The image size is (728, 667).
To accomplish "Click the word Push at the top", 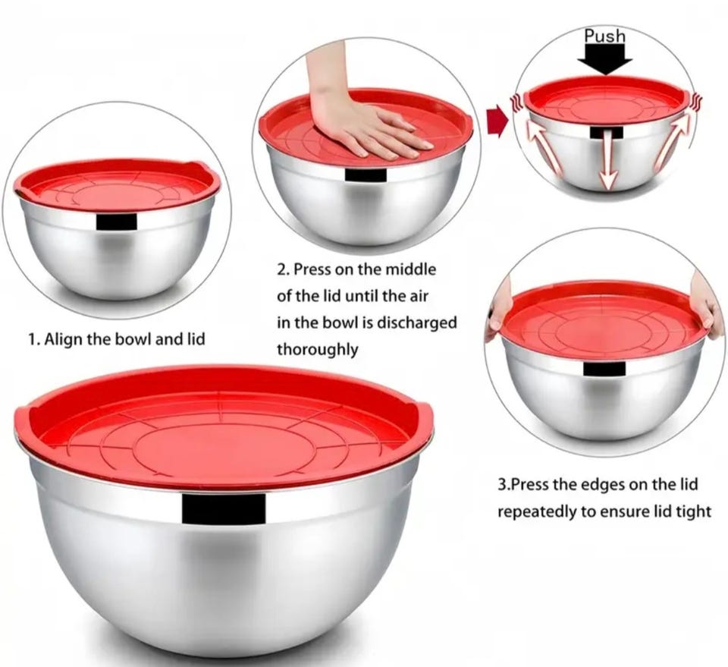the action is point(604,36).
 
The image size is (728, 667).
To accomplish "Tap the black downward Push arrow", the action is point(605,60).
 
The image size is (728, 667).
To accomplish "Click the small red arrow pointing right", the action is point(496,121).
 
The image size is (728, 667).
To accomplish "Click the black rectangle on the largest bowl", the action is point(224,508).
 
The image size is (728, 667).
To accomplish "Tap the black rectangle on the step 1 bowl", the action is point(117,222).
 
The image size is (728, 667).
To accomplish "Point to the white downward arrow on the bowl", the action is point(607,160).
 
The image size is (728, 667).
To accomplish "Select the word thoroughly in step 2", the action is point(318,349).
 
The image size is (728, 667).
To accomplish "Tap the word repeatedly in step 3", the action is point(536,512).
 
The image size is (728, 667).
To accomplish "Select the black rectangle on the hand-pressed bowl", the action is point(366,175).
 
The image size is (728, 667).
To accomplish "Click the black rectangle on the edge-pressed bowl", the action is point(604,368).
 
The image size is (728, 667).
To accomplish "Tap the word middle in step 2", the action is point(411,269).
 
